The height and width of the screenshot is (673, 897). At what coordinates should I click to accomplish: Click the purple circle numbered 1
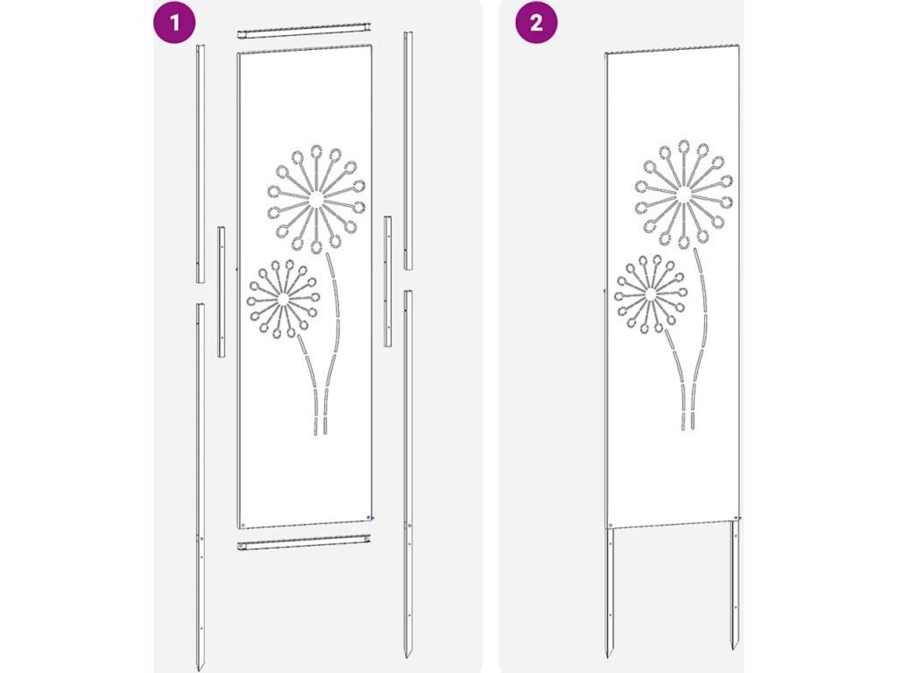pyautogui.click(x=174, y=23)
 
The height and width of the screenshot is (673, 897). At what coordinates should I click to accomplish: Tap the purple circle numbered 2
pyautogui.click(x=536, y=23)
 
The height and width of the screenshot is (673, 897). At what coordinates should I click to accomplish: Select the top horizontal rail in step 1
pyautogui.click(x=305, y=31)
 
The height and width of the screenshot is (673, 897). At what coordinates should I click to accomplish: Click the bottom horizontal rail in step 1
pyautogui.click(x=304, y=542)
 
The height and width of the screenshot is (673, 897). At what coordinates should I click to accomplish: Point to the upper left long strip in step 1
pyautogui.click(x=201, y=163)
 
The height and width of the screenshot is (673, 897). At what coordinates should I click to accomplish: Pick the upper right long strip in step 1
pyautogui.click(x=408, y=151)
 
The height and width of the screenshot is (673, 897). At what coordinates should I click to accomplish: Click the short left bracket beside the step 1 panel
pyautogui.click(x=221, y=292)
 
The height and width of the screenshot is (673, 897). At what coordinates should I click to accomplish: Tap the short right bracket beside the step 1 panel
pyautogui.click(x=388, y=281)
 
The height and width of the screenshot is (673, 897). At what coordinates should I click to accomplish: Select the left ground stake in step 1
pyautogui.click(x=201, y=485)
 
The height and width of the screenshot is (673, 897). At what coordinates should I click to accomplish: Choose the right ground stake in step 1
pyautogui.click(x=408, y=474)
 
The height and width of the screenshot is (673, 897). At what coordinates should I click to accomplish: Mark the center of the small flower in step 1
pyautogui.click(x=282, y=299)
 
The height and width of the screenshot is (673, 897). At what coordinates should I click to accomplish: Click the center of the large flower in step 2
pyautogui.click(x=683, y=195)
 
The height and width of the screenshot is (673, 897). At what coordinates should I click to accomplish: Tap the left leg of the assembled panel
pyautogui.click(x=610, y=592)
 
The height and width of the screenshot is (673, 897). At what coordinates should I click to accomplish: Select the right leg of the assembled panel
pyautogui.click(x=735, y=584)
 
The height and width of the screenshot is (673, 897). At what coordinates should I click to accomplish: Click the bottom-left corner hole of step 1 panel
pyautogui.click(x=243, y=524)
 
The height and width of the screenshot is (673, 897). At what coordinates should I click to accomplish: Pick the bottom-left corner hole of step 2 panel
pyautogui.click(x=611, y=525)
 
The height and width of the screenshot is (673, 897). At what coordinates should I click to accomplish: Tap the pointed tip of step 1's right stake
pyautogui.click(x=408, y=657)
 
